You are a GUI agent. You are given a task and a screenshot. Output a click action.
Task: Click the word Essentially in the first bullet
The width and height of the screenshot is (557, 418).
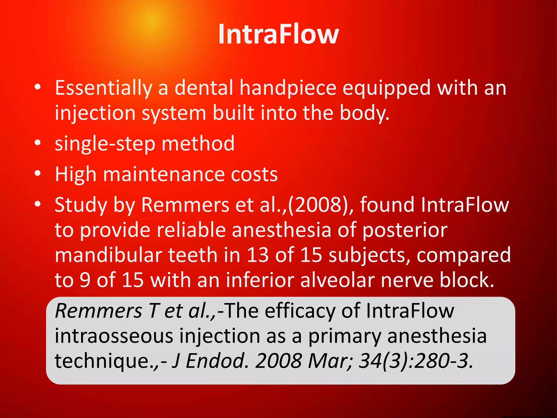tap(103, 88)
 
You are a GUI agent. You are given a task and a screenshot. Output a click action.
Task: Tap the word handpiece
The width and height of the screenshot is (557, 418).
tap(288, 88)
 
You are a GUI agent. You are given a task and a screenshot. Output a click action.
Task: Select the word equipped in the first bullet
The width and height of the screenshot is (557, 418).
tap(386, 88)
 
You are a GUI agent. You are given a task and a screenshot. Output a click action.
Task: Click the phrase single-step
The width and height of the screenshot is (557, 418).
tap(105, 144)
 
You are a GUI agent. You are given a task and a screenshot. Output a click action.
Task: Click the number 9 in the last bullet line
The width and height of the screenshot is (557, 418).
tap(85, 280)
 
